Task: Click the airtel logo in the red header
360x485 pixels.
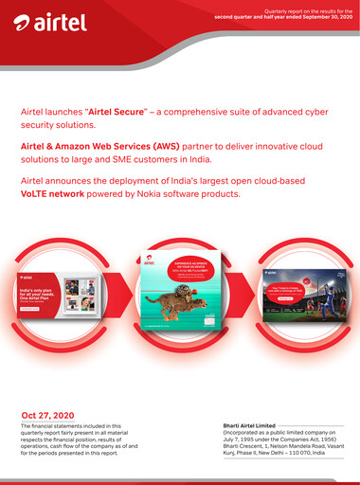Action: pyautogui.click(x=45, y=22)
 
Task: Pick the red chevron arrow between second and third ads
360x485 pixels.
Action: pyautogui.click(x=251, y=295)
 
